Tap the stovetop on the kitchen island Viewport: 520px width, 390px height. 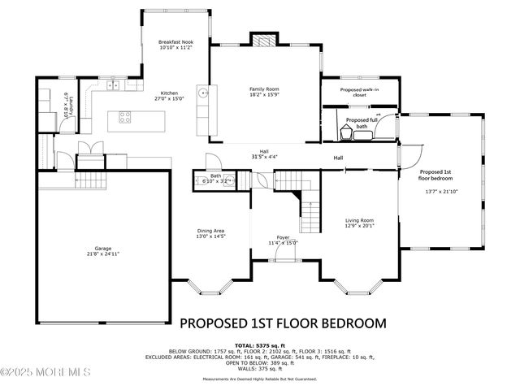tap(126, 117)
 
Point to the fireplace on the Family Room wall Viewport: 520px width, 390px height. tap(263, 41)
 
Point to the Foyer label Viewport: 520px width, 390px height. tap(283, 237)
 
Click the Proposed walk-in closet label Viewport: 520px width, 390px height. tap(359, 92)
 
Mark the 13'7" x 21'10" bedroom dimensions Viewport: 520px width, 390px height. tap(442, 192)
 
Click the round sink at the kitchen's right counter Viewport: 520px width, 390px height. tap(206, 93)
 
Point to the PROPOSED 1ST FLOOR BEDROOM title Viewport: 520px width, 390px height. tap(282, 323)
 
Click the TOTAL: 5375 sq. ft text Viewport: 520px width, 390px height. tap(260, 344)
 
